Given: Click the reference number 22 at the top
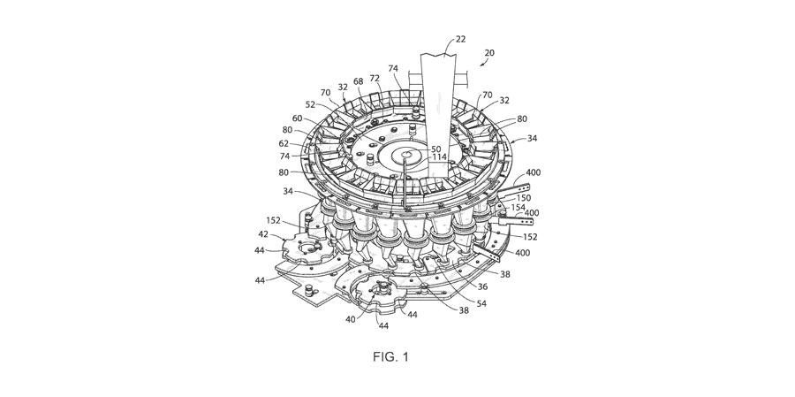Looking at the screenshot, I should coord(459,39).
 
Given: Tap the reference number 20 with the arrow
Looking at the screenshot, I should coord(489,53).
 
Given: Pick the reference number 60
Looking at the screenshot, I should coord(297,118).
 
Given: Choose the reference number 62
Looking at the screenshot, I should coord(285,142).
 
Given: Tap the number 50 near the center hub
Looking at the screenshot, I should coord(436,149).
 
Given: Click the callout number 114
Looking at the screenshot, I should coord(439,158).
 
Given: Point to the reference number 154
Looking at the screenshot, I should coord(518,207).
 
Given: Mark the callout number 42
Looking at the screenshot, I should coord(263,234).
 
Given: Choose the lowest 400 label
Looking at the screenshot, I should coord(522,253).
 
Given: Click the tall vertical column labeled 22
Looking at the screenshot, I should coord(440,97).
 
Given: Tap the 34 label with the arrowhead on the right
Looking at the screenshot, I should coord(534,138).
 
